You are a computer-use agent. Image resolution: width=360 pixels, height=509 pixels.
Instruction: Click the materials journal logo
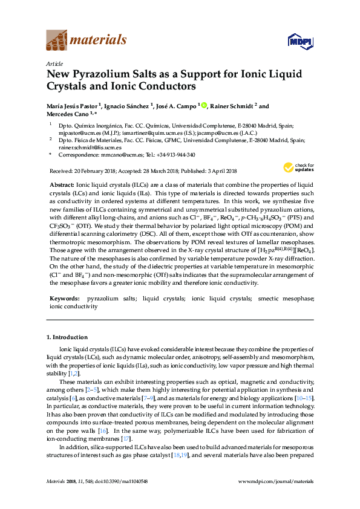coord(87,41)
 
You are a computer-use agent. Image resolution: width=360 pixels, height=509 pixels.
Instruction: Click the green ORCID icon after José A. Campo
coord(204,106)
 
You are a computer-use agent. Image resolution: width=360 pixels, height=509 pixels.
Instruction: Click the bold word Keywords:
coord(64,299)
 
